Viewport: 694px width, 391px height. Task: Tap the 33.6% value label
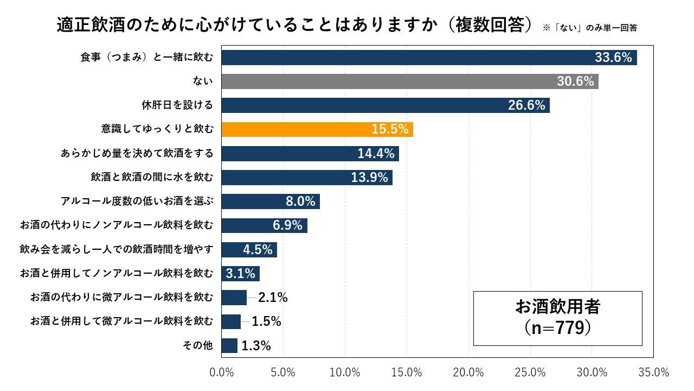click(x=613, y=58)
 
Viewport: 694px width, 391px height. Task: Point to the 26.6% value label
click(x=526, y=105)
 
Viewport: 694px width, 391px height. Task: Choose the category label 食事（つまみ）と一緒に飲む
click(x=146, y=58)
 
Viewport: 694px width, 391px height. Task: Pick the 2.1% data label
click(x=273, y=298)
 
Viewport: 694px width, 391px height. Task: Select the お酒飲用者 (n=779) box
click(x=557, y=318)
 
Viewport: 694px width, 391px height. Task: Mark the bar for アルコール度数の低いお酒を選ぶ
click(x=271, y=201)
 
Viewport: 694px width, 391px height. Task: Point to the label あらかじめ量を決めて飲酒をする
click(x=137, y=153)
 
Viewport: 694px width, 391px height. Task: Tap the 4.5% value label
click(x=257, y=250)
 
